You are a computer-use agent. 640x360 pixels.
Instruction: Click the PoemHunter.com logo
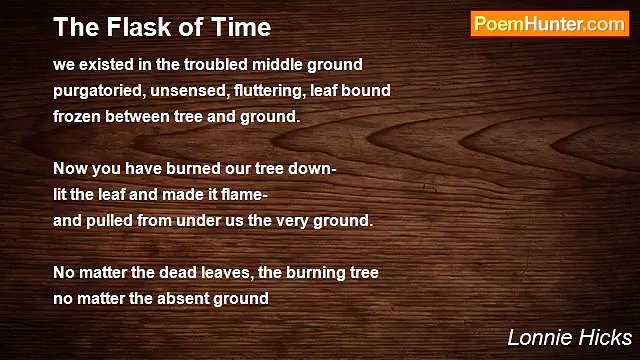tap(549, 24)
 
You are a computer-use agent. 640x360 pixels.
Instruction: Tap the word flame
tap(237, 195)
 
